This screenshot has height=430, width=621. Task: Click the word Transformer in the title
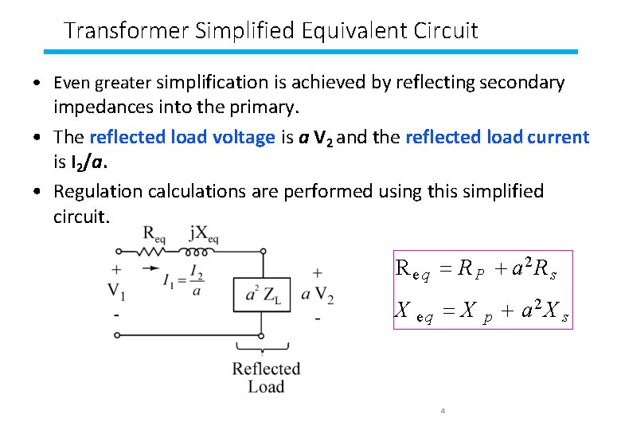click(x=115, y=30)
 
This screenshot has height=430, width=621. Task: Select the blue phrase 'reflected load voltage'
click(x=182, y=137)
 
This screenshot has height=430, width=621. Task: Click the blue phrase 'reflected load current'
click(x=497, y=137)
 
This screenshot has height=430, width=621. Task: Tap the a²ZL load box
click(x=261, y=294)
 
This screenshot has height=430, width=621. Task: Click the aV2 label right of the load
click(x=317, y=294)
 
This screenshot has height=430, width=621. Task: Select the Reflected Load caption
click(x=266, y=377)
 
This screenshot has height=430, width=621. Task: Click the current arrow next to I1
click(x=150, y=269)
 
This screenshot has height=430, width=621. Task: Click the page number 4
click(x=442, y=411)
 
